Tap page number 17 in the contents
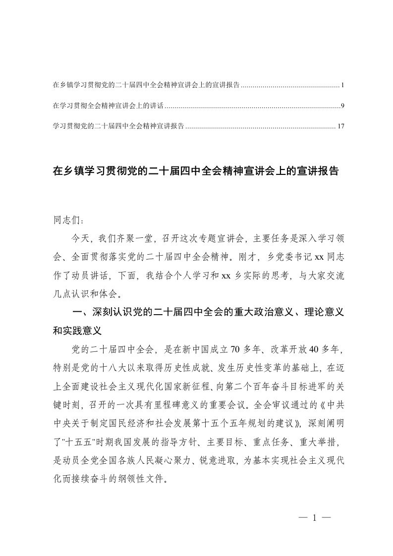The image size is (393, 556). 340,126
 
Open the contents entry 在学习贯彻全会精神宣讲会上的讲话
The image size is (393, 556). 108,106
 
